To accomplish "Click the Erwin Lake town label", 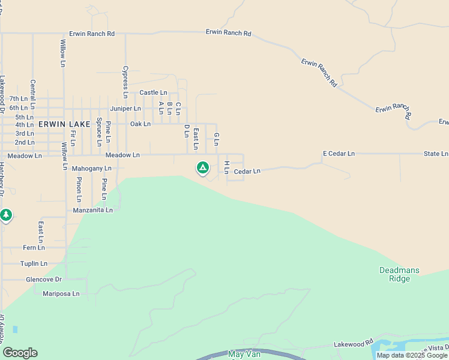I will click(64, 124).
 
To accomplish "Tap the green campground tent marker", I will click(203, 167).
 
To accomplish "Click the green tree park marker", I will click(6, 214).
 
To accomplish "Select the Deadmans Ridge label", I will click(403, 274).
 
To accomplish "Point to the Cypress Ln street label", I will click(125, 82).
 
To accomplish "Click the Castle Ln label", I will click(153, 92).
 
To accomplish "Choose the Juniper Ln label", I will click(125, 109).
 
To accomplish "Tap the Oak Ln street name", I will click(140, 124).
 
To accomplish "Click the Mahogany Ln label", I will click(91, 169).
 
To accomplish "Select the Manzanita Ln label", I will click(92, 210).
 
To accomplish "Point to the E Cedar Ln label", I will click(339, 154).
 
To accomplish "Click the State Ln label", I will click(436, 154).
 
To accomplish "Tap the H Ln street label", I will click(226, 167).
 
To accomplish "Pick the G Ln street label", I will click(217, 140).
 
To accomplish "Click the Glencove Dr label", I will click(44, 280).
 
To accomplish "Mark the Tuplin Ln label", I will click(34, 263).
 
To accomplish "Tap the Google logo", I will click(20, 353).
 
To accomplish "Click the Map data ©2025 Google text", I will click(412, 355).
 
